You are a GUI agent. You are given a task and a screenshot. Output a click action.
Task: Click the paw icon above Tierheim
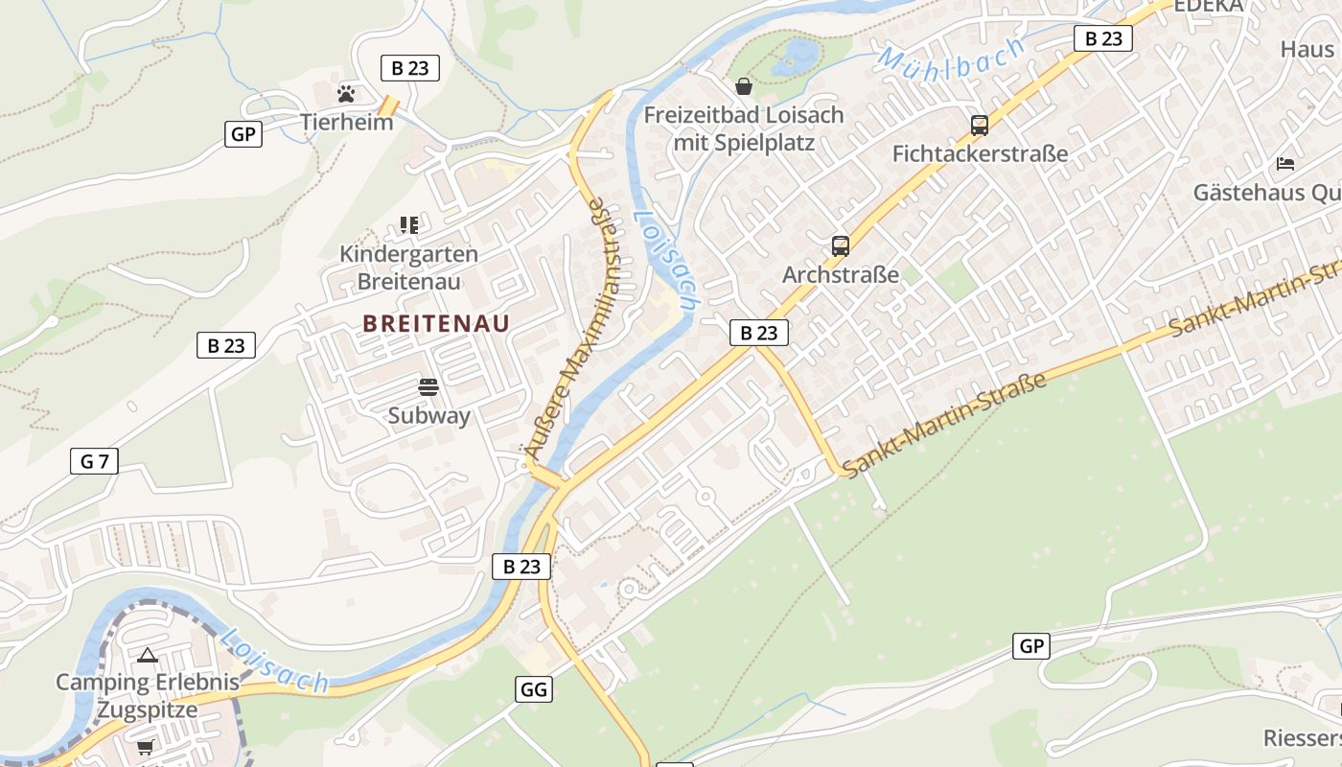[346, 94]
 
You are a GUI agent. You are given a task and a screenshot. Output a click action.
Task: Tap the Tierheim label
[346, 122]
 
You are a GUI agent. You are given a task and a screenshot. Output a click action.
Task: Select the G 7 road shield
[94, 461]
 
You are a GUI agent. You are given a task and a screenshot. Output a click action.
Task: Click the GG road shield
[533, 688]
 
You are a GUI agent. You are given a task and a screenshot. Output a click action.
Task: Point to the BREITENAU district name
[436, 324]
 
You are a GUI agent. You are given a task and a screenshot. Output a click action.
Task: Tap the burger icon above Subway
[428, 387]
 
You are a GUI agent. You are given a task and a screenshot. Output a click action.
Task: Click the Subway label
[428, 415]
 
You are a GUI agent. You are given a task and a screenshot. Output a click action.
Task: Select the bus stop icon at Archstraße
[841, 246]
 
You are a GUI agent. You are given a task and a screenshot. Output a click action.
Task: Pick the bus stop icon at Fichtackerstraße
[979, 126]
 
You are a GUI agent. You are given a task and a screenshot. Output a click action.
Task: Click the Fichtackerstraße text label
[980, 153]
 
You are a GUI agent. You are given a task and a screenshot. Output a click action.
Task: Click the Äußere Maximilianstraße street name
[573, 325]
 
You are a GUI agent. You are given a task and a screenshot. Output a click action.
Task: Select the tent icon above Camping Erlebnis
[147, 656]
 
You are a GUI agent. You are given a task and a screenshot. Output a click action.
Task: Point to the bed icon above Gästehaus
[1285, 164]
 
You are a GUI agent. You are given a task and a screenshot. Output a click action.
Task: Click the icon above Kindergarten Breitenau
[409, 225]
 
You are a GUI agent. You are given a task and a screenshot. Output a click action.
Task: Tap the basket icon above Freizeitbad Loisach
[743, 87]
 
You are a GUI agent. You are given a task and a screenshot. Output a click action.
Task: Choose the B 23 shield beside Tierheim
[409, 68]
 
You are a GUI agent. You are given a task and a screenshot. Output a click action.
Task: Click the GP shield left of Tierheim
[243, 134]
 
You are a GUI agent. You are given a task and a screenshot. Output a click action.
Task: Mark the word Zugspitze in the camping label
[147, 710]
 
